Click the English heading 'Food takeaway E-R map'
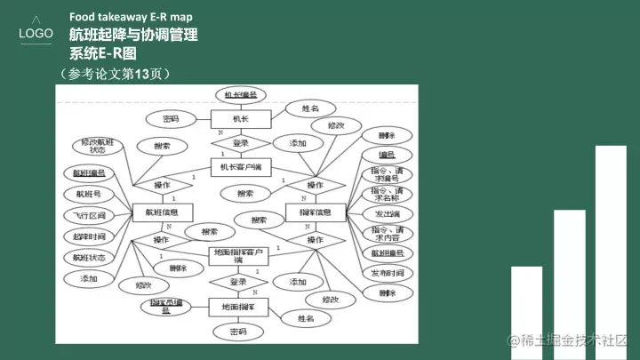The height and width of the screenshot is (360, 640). coord(131,18)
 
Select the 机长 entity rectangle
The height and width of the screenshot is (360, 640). coord(241,118)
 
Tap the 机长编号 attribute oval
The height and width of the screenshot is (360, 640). coord(240,94)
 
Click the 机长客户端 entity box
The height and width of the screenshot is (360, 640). coord(240,166)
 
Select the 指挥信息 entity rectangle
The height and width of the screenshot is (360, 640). coord(315,212)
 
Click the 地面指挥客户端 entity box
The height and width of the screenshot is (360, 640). coord(238,256)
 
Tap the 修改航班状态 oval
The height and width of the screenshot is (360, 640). coord(98,147)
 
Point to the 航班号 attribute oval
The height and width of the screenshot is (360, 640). coord(90,193)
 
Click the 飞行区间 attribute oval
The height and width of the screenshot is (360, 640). coord(90,215)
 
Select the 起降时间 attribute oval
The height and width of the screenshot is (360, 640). coord(90,236)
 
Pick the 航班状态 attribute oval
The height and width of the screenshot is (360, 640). coord(90,258)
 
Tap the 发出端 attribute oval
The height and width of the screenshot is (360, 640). coord(388,214)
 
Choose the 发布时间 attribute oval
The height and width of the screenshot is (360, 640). coord(388,273)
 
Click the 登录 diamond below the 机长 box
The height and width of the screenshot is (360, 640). coord(240,142)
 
